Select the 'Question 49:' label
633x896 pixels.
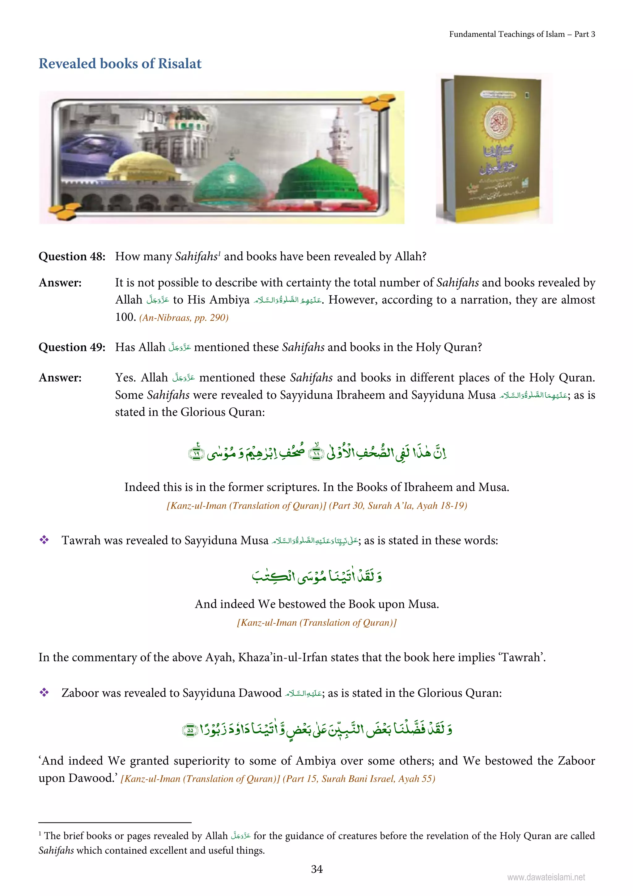coord(72,347)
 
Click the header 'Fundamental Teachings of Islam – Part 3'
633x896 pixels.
coord(522,34)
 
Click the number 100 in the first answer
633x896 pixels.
coord(125,317)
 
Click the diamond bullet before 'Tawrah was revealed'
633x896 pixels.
coord(44,540)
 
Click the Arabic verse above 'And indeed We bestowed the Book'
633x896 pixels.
coord(316,576)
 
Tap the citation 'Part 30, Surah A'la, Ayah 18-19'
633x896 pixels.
coord(397,506)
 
